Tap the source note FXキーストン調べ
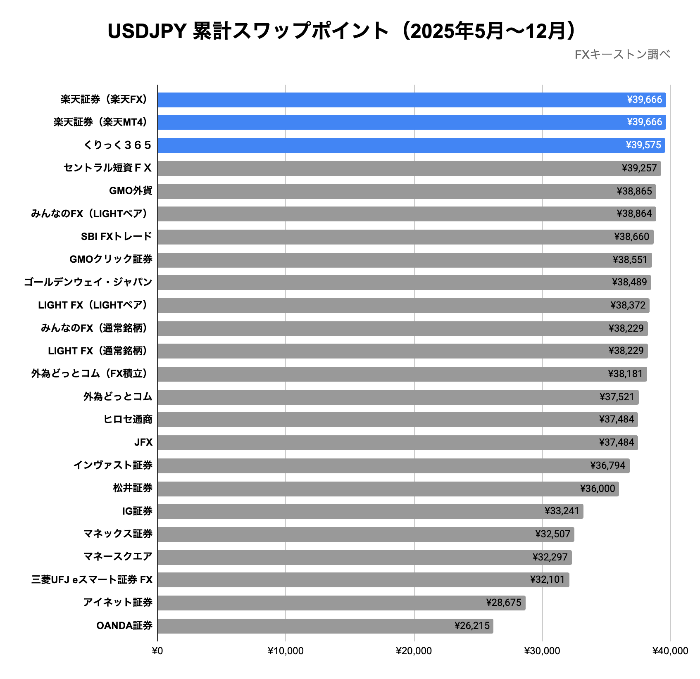click(622, 55)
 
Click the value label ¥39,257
click(639, 168)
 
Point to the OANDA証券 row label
click(124, 626)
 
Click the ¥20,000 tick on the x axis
click(414, 651)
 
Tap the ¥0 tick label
click(157, 651)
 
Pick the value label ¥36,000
click(598, 489)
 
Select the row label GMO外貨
click(131, 191)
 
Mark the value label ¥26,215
click(472, 626)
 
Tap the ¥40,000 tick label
click(670, 651)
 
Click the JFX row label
click(143, 442)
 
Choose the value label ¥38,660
click(631, 237)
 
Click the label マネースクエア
click(118, 557)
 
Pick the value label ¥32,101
click(547, 579)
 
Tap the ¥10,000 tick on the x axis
click(286, 651)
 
